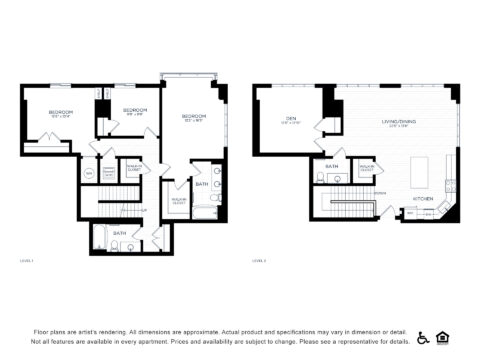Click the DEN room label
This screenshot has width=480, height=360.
pos(290,120)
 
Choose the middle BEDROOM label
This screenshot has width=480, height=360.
pos(135,109)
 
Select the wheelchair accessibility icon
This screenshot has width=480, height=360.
pos(422,337)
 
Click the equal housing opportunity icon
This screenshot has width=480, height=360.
pos(445,337)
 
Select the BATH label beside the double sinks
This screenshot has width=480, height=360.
pos(201,184)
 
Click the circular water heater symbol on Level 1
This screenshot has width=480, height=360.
pos(88,174)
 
